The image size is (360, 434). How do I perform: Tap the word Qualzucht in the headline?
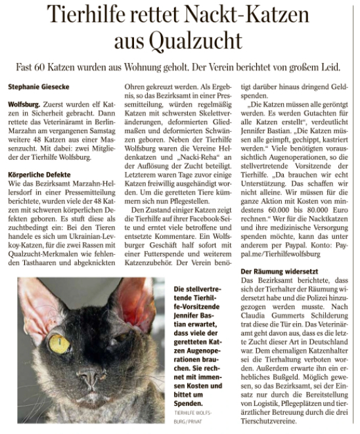pyautogui.click(x=198, y=41)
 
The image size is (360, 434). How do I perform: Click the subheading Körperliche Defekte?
pyautogui.click(x=39, y=157)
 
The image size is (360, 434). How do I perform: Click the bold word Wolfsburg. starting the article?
pyautogui.click(x=26, y=104)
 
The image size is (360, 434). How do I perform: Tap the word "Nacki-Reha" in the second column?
pyautogui.click(x=191, y=158)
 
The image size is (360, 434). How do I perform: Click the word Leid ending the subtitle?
pyautogui.click(x=332, y=67)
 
